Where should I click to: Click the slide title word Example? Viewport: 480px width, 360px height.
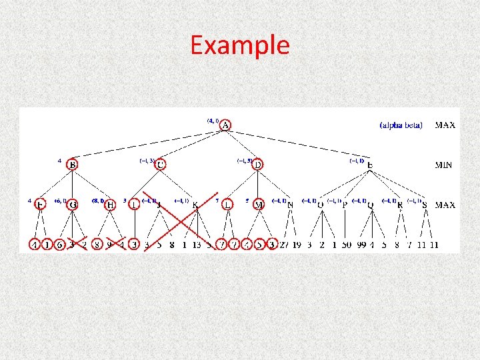pyautogui.click(x=239, y=45)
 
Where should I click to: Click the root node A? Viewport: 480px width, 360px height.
pyautogui.click(x=226, y=125)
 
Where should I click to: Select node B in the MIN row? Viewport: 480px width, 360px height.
pyautogui.click(x=73, y=165)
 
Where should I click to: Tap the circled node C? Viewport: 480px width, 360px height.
pyautogui.click(x=161, y=164)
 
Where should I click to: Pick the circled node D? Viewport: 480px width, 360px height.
pyautogui.click(x=257, y=164)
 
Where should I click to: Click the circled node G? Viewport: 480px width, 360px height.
pyautogui.click(x=72, y=205)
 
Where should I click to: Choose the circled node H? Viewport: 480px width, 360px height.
pyautogui.click(x=111, y=205)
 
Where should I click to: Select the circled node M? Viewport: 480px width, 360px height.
pyautogui.click(x=259, y=205)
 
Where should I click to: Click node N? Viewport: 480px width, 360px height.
pyautogui.click(x=290, y=205)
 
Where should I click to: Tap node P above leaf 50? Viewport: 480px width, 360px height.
pyautogui.click(x=345, y=205)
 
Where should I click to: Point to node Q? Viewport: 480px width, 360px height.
pyautogui.click(x=371, y=205)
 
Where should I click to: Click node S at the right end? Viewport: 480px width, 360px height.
pyautogui.click(x=425, y=205)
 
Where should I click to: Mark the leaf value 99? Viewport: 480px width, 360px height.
pyautogui.click(x=362, y=245)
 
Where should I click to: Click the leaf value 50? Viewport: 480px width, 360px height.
pyautogui.click(x=347, y=245)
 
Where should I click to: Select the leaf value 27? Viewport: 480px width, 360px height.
pyautogui.click(x=284, y=245)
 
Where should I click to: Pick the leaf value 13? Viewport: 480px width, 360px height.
pyautogui.click(x=197, y=245)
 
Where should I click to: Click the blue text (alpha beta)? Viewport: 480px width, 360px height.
pyautogui.click(x=401, y=125)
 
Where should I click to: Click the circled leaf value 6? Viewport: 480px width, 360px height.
pyautogui.click(x=59, y=245)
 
